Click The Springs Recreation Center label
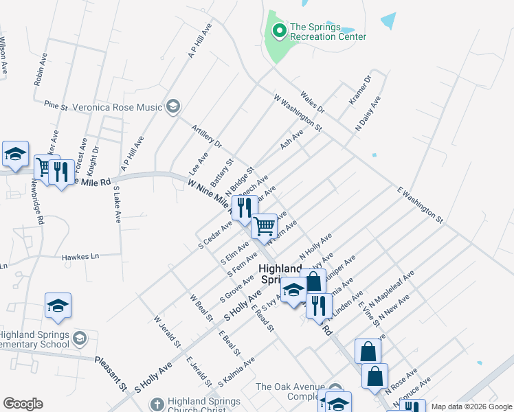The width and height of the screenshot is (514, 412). point(328,32)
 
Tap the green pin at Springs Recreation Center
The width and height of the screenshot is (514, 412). point(279,31)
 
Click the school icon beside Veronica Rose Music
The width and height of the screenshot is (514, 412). point(172,106)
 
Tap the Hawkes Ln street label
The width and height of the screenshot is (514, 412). point(80,256)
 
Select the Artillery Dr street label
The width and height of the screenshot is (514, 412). point(208,135)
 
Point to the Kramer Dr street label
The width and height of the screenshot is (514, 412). point(359,90)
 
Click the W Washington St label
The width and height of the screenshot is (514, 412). point(298,113)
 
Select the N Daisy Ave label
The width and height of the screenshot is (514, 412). point(368,114)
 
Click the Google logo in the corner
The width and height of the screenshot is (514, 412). point(23,404)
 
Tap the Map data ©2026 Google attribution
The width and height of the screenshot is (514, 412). point(471,407)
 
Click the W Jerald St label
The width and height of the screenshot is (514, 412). point(167,330)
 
